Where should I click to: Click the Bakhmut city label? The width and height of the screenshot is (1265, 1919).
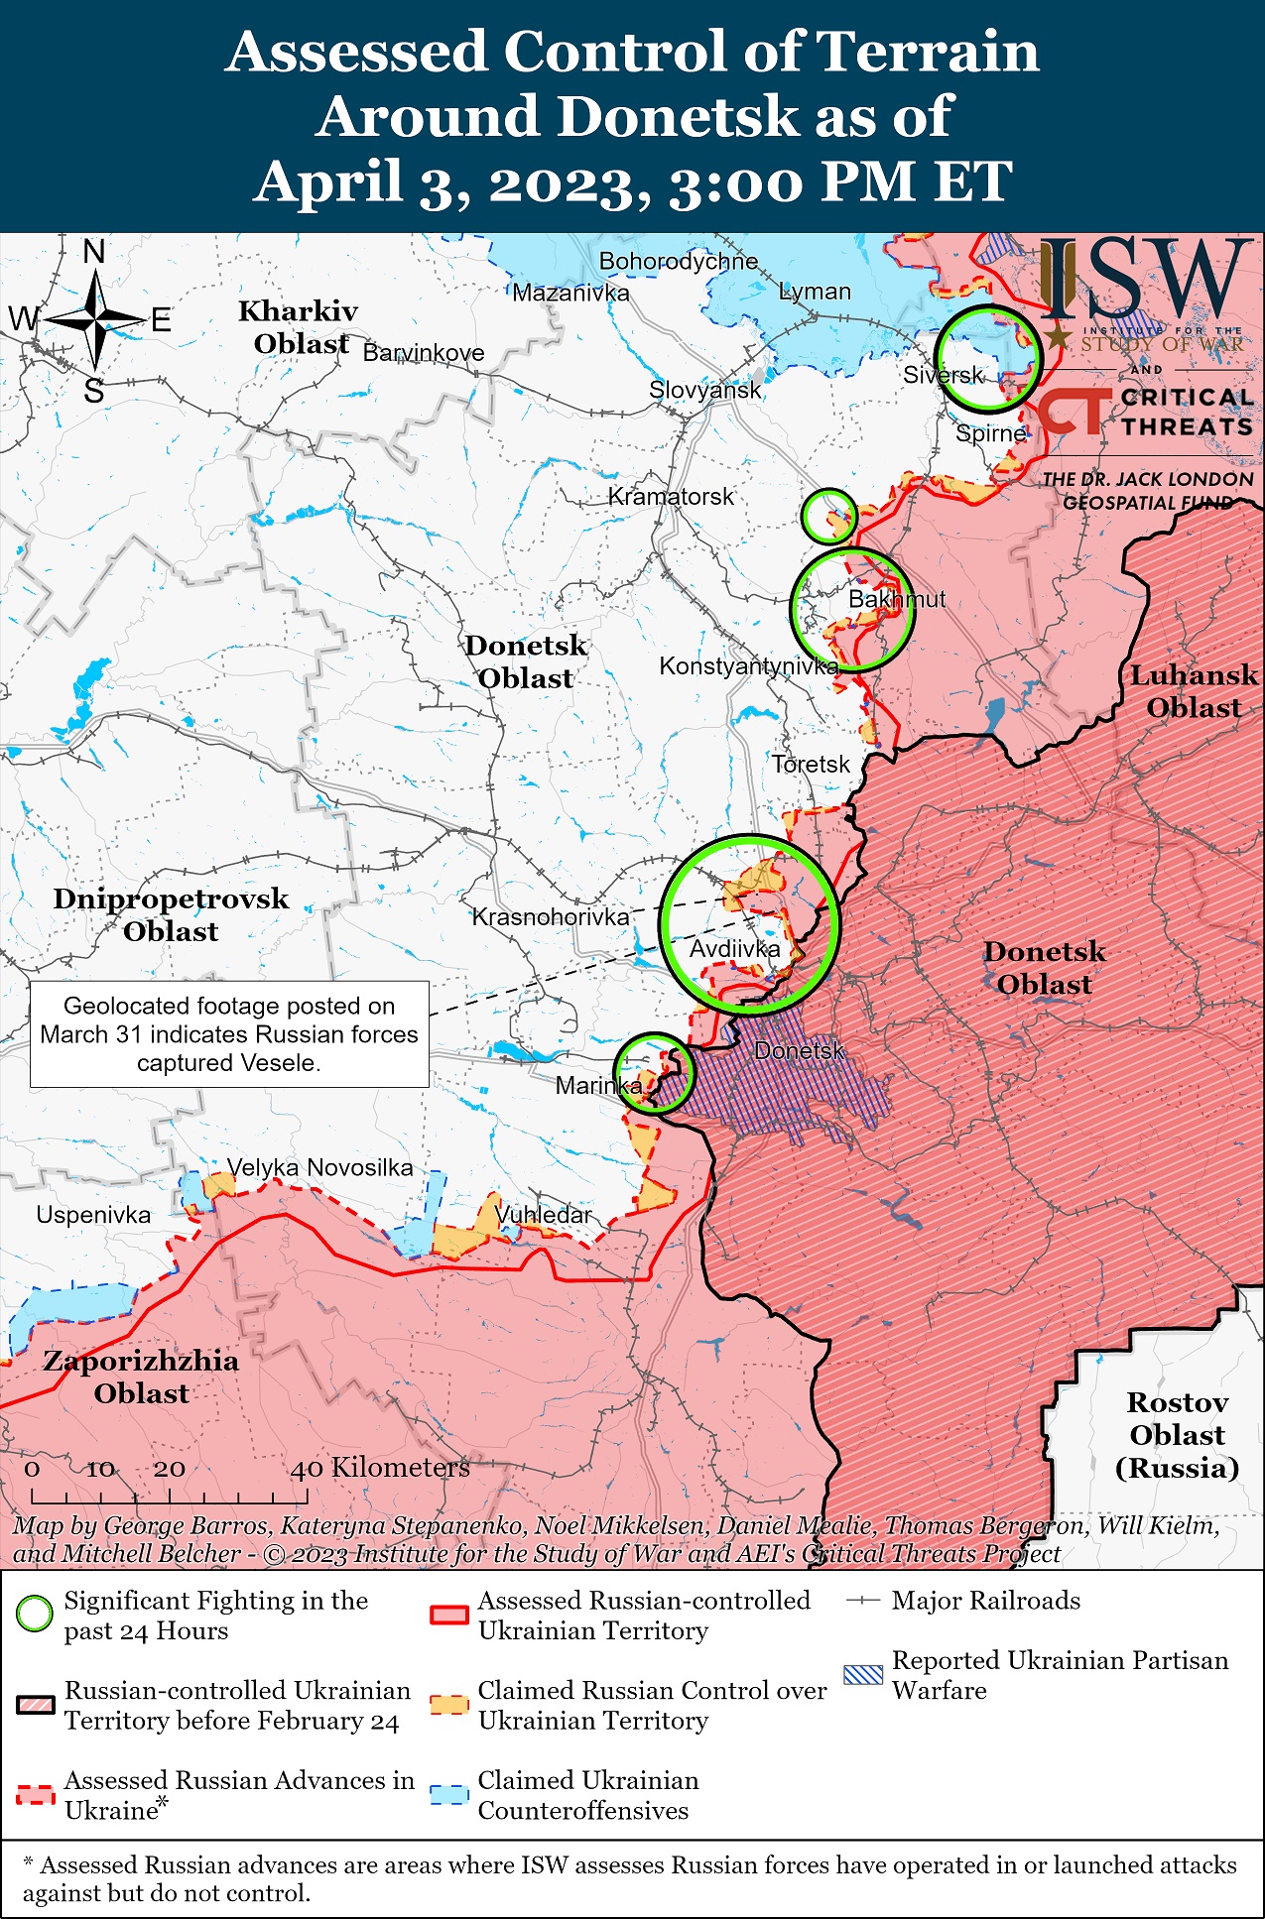point(896,599)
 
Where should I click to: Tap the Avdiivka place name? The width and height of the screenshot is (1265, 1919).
point(734,949)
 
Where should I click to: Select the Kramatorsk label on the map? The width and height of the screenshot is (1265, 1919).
point(671,496)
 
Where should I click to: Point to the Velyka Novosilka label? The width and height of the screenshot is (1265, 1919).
point(319,1167)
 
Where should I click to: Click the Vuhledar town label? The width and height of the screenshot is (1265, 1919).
point(543,1215)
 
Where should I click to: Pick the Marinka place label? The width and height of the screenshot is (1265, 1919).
point(598,1085)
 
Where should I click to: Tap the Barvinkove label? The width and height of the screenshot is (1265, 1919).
point(424,353)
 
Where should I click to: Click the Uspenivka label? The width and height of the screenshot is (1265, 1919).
point(93,1215)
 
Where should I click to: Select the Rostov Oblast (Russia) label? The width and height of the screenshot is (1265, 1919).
point(1177,1435)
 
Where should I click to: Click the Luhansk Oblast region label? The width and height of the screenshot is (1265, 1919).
point(1194,691)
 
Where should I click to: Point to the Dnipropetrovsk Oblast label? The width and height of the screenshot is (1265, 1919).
point(171,914)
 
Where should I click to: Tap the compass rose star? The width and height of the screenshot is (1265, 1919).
point(96,319)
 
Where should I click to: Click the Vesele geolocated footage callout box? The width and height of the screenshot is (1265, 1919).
point(229,1034)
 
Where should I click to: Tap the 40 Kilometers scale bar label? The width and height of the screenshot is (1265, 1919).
point(379,1468)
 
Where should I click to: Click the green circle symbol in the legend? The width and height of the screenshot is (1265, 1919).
point(35,1615)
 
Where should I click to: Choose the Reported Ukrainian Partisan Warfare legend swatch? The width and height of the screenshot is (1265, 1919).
point(861,1675)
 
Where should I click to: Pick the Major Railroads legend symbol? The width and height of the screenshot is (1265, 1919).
point(862,1601)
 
